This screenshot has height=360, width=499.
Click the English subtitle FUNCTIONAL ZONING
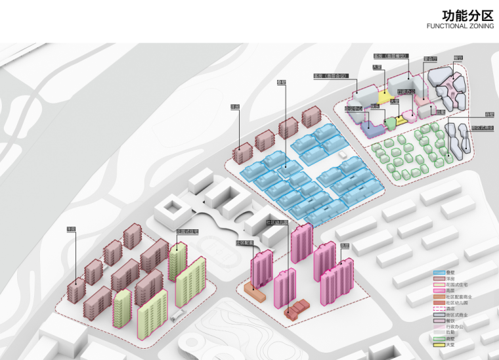(456, 27)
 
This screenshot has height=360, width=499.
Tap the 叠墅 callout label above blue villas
(282, 83)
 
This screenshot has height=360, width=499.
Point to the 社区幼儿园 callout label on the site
(276, 223)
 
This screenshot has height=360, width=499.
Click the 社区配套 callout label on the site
(245, 242)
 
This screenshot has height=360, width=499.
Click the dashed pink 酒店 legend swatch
(438, 308)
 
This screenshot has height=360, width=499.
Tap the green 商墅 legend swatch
(438, 338)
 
